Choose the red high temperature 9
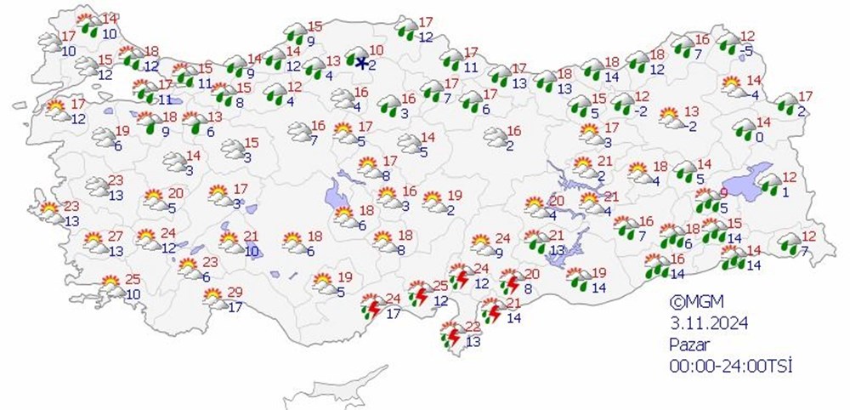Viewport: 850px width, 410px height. pos(723,193)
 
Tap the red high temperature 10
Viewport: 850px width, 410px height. pos(377,50)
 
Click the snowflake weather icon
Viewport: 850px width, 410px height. pos(360,61)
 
